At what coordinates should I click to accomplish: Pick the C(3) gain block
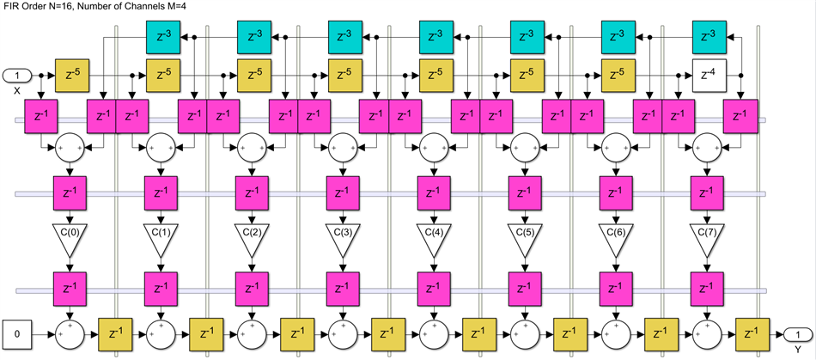(343, 238)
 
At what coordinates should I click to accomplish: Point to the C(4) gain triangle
(434, 238)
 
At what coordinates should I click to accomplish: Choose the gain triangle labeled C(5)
(525, 238)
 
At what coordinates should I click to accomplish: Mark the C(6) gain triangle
(616, 238)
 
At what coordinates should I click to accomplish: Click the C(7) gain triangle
(707, 238)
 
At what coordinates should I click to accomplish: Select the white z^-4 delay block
(709, 76)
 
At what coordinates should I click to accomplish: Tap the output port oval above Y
(796, 333)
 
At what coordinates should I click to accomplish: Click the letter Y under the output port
(796, 348)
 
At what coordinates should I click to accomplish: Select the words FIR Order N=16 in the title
(41, 7)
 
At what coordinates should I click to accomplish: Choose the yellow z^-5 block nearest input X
(72, 76)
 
